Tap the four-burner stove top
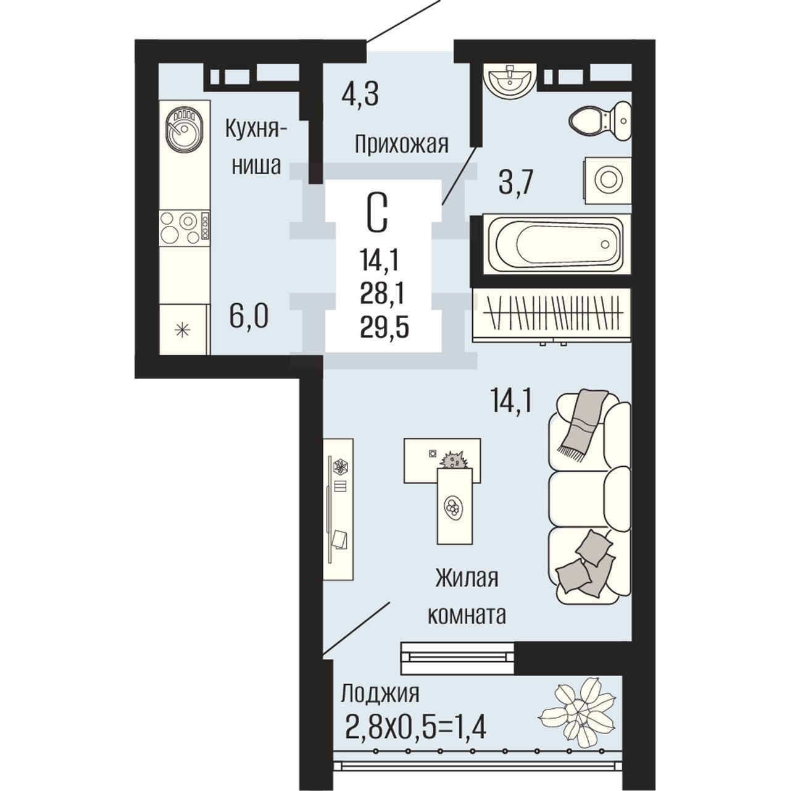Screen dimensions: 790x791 point(185,227)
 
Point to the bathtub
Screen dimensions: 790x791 point(557,244)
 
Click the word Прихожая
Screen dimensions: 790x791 point(401,145)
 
